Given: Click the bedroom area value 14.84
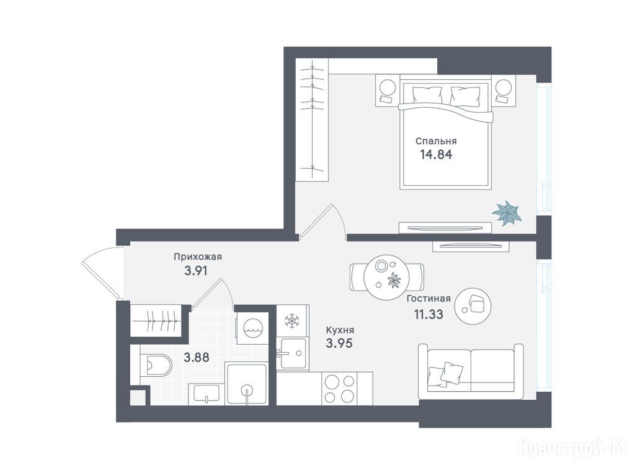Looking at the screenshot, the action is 436,154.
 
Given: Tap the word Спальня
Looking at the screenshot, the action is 436,141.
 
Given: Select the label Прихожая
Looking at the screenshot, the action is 198,257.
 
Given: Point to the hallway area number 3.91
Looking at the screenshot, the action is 196,270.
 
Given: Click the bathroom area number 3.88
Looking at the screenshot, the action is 197,358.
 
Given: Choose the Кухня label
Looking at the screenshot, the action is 340,330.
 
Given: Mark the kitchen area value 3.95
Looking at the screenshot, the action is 339,343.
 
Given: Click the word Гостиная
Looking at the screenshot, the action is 429,299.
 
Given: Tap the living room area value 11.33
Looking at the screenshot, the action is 428,314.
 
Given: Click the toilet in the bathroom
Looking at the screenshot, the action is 156,365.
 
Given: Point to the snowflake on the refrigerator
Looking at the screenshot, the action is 291,321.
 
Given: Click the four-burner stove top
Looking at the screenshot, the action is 340,389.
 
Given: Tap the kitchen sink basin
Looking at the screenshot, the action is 293,353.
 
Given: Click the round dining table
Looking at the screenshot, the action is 387,277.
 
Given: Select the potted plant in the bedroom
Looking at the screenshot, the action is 507,213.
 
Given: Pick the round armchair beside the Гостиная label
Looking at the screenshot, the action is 473,306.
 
